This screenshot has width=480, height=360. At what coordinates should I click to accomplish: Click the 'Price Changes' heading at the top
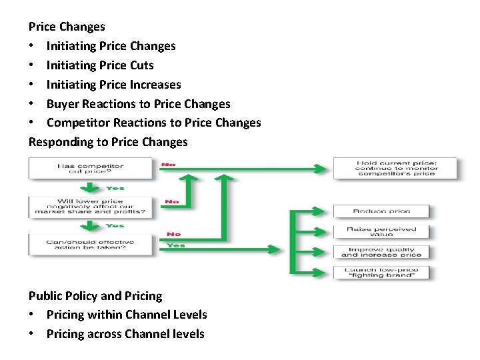(67, 27)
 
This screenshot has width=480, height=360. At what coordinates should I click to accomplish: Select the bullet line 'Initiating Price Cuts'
(100, 65)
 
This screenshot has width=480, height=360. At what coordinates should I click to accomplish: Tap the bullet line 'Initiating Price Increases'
(113, 85)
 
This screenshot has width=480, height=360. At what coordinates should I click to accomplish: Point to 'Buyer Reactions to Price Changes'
(138, 104)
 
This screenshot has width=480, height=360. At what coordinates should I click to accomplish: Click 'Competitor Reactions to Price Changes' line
(153, 123)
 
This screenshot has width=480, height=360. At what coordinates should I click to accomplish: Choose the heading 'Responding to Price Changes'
(108, 142)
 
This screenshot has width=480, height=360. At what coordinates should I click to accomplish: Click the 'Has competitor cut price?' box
(90, 169)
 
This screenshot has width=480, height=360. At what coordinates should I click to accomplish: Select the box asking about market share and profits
(90, 207)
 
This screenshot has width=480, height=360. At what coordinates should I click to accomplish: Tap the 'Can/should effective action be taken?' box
(90, 245)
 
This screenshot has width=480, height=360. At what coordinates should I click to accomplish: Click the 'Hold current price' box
(395, 168)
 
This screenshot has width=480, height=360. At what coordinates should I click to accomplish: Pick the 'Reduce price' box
(381, 211)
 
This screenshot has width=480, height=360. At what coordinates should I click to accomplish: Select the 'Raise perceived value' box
(381, 231)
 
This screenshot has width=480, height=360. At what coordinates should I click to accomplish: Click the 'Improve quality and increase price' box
(381, 251)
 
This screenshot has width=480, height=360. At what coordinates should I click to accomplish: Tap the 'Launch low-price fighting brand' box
(381, 272)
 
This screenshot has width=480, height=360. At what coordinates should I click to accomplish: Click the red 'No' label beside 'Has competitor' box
(170, 163)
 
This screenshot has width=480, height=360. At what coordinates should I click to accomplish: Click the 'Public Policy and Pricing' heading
(95, 295)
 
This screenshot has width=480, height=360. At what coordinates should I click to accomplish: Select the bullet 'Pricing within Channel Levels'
(127, 315)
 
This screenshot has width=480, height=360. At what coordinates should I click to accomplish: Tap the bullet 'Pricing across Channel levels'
(125, 334)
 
